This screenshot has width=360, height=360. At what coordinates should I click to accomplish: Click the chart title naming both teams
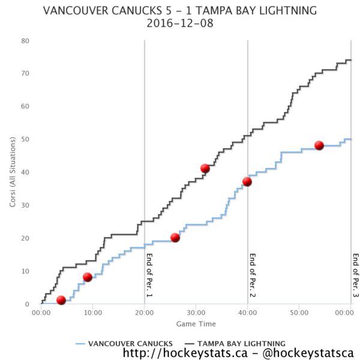[180, 11]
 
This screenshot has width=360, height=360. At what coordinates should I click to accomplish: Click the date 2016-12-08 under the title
[180, 24]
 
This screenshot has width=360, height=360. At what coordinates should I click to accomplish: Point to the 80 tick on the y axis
[26, 41]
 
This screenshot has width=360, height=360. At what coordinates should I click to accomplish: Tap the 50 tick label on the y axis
[26, 139]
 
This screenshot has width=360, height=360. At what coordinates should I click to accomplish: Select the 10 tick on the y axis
[26, 271]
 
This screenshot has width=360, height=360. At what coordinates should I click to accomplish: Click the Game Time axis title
[196, 324]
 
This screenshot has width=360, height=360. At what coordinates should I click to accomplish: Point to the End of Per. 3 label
[355, 275]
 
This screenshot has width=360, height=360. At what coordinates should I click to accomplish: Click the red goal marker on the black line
[205, 169]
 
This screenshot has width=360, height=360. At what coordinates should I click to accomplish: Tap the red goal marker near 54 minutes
[319, 145]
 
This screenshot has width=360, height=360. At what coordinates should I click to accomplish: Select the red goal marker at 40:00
[247, 182]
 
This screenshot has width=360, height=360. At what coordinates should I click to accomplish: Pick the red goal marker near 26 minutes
[175, 238]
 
